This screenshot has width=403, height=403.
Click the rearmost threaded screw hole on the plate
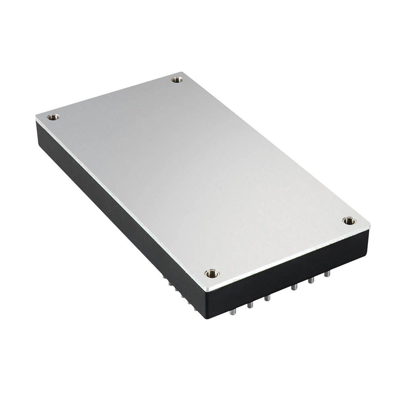(x=177, y=80)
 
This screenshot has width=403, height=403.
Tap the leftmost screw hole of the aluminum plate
(x=53, y=117)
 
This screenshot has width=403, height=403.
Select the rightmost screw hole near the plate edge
(x=349, y=220)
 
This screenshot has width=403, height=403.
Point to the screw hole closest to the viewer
(x=212, y=274)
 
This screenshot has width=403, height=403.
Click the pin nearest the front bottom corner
(x=233, y=311)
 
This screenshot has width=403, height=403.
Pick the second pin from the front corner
(x=250, y=305)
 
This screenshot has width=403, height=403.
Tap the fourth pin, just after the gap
(x=295, y=287)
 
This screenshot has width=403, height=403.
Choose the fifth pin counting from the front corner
(x=311, y=280)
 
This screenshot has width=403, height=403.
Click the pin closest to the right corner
(x=327, y=274)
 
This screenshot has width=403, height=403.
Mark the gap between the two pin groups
(x=281, y=293)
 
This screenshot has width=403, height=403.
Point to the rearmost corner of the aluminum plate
(x=183, y=73)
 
